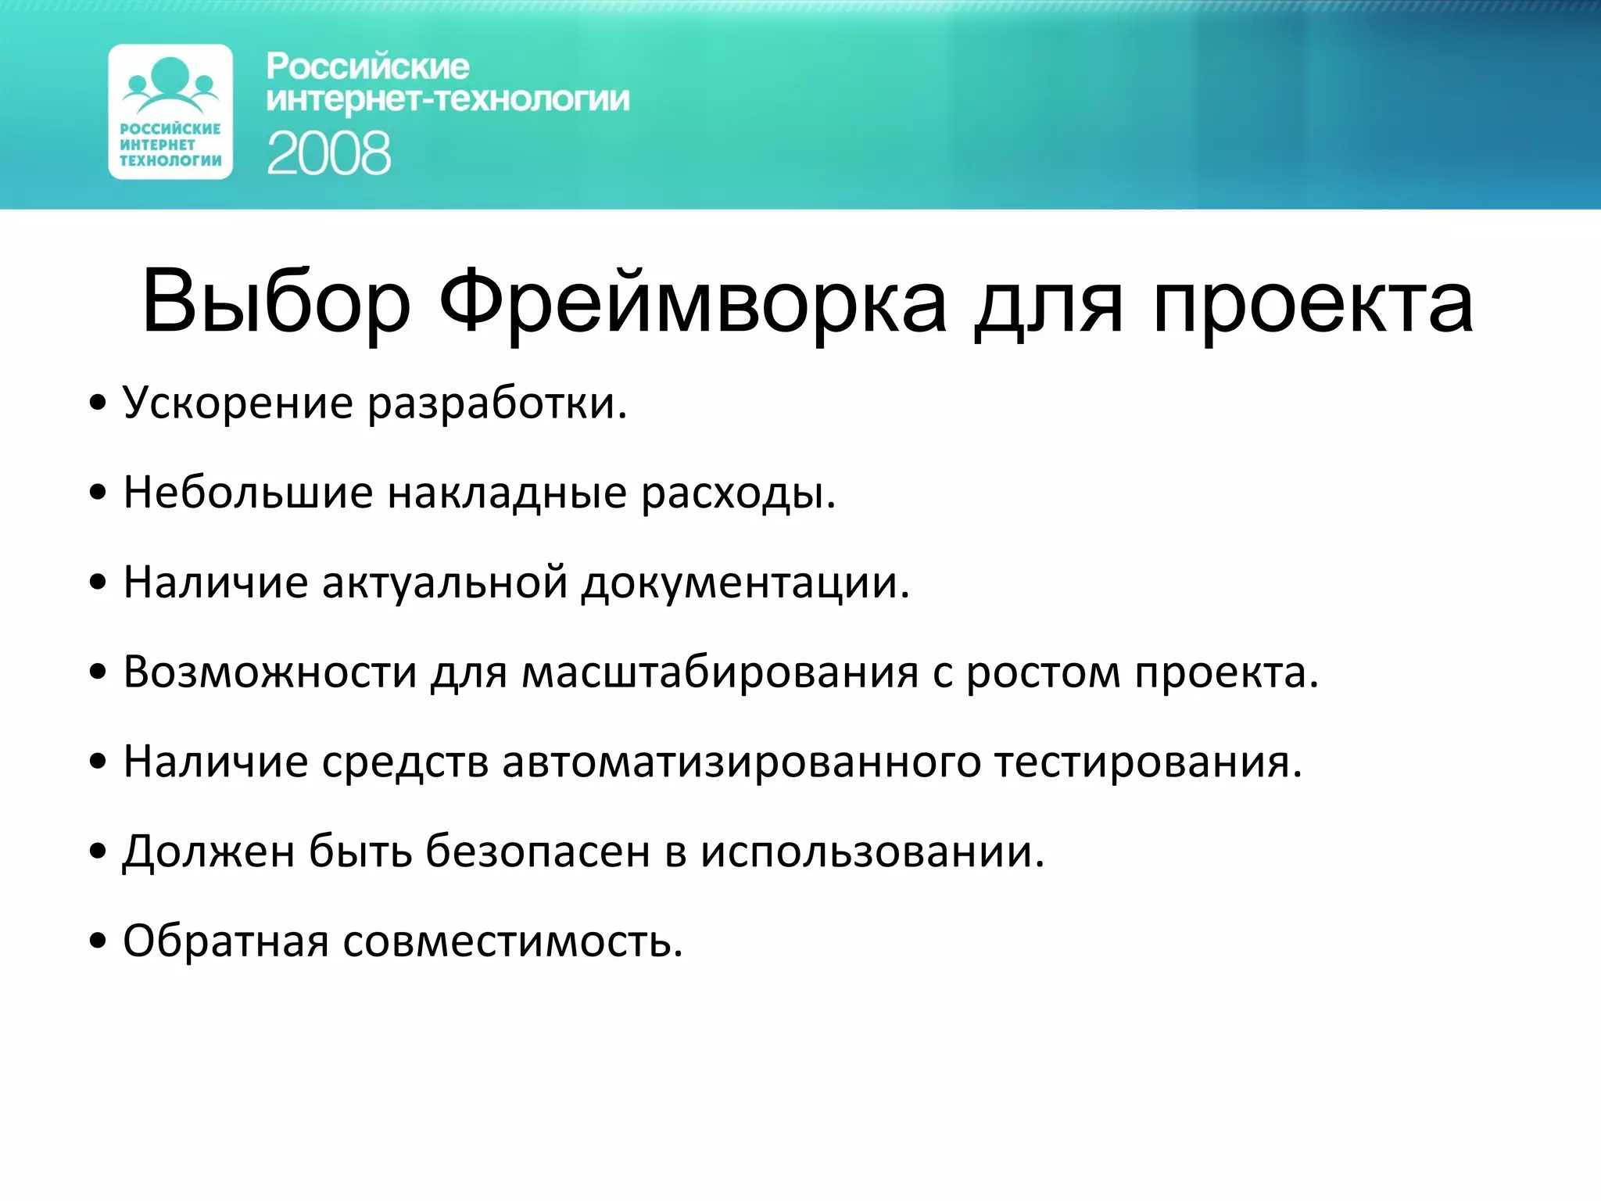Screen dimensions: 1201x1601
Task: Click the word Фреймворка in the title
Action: pyautogui.click(x=692, y=303)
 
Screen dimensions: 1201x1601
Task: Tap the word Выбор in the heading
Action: pyautogui.click(x=275, y=303)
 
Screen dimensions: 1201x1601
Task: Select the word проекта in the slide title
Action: pyautogui.click(x=1313, y=303)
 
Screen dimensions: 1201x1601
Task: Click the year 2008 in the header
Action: pyautogui.click(x=328, y=153)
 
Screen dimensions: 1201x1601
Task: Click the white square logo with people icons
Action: pyautogui.click(x=170, y=112)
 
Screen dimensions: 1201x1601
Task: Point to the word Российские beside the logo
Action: pyautogui.click(x=367, y=67)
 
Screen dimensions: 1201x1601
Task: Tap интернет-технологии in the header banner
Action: pyautogui.click(x=447, y=100)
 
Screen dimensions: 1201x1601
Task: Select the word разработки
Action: pyautogui.click(x=496, y=404)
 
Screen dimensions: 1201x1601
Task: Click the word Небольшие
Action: pyautogui.click(x=248, y=493)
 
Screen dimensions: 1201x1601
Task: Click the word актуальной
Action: pyautogui.click(x=444, y=583)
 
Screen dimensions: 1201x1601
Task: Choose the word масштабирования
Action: pyautogui.click(x=719, y=672)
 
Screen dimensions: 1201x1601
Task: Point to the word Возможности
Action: pyautogui.click(x=270, y=672)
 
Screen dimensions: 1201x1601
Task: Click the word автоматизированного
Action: pyautogui.click(x=740, y=762)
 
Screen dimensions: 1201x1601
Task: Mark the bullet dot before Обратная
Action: pyautogui.click(x=97, y=941)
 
